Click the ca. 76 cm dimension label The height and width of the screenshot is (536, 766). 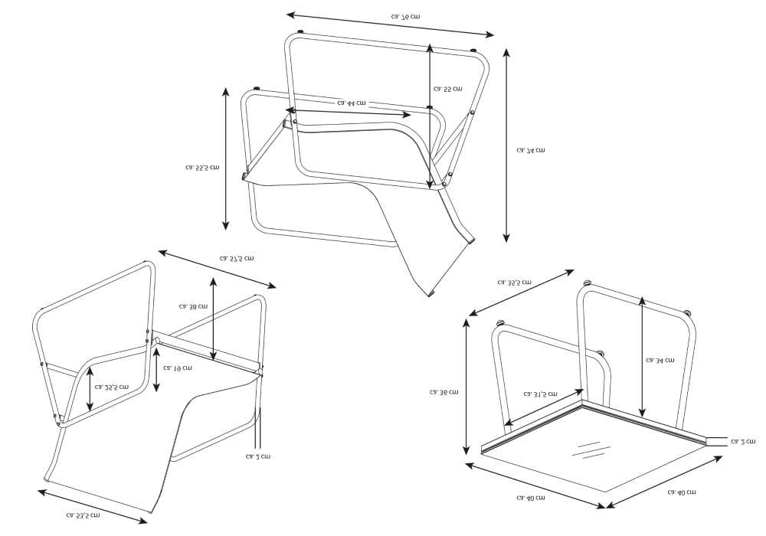point(405,16)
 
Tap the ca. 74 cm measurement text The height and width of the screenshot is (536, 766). point(531,150)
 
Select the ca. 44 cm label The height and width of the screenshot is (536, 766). point(351,102)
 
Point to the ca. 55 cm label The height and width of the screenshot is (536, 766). point(447,89)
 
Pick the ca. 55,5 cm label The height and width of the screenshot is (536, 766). point(202,167)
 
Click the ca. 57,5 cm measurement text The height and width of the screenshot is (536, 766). point(237,259)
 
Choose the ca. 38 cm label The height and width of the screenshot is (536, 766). point(193,306)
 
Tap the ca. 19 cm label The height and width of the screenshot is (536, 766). point(178,368)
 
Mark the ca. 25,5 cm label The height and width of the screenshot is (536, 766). point(112,387)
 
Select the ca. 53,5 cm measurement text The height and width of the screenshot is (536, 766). point(83,515)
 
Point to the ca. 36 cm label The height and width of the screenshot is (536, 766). point(444,392)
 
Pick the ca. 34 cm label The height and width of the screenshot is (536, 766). point(660,360)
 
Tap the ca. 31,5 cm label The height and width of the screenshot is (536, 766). point(541,394)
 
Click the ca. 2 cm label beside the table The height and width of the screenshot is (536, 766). point(742,441)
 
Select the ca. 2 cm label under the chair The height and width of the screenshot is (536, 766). point(258,456)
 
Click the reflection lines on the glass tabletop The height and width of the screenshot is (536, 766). point(589,450)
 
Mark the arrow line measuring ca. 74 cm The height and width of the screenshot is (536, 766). point(506,145)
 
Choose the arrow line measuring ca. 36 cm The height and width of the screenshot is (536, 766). point(466,387)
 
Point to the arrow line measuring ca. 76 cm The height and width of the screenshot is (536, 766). point(391,24)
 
